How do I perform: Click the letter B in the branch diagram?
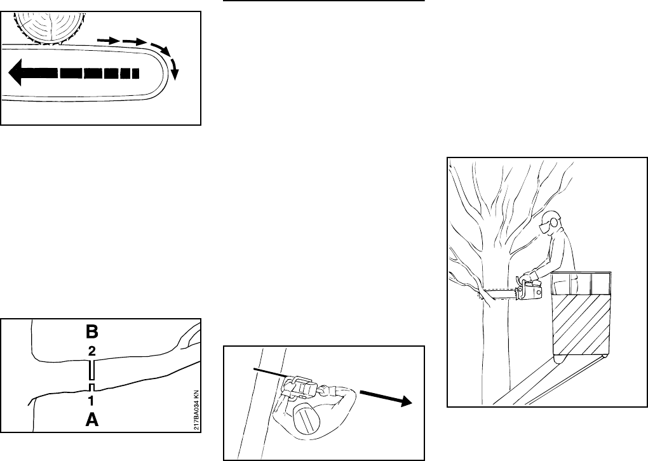[x=91, y=331]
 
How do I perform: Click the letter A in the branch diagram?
[x=91, y=420]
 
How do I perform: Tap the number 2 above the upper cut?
[x=91, y=351]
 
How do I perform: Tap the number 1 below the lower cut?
[x=91, y=400]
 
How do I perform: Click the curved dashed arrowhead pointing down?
[x=175, y=74]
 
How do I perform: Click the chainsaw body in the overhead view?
[x=301, y=388]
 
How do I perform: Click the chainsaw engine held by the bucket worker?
[x=530, y=289]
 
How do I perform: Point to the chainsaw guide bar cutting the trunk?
[x=501, y=294]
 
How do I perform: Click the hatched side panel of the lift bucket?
[x=580, y=324]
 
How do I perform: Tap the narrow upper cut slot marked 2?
[x=92, y=370]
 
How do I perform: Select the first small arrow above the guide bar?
[x=109, y=41]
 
